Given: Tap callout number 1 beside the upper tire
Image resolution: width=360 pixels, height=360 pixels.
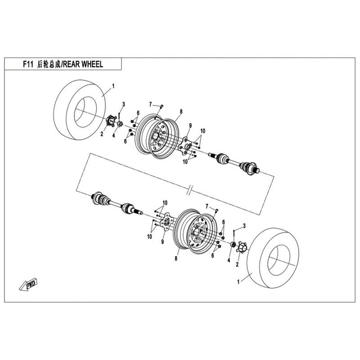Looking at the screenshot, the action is point(113,86).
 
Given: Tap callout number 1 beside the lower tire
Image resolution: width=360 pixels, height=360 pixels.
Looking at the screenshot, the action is point(238,282).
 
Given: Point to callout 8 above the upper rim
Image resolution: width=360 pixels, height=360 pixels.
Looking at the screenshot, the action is point(181,112).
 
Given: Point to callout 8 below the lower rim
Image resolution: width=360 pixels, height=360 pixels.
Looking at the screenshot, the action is point(176,258).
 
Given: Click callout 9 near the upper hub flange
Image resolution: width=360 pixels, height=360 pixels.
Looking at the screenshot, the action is point(190,126).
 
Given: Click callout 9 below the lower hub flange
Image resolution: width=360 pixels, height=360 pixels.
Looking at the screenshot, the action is point(162,242).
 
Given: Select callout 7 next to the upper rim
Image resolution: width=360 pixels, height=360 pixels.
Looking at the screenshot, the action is point(150,105).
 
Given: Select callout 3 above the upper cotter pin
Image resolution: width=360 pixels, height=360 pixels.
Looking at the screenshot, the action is point(123,104).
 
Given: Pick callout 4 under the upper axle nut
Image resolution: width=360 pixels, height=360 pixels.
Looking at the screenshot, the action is point(114,135).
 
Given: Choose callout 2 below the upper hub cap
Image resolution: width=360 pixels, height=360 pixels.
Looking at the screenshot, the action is point(102,134).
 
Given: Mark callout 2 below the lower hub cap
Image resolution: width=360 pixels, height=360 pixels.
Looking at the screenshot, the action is point(237,264).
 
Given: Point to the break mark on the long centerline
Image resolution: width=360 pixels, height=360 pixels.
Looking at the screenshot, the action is point(190,190).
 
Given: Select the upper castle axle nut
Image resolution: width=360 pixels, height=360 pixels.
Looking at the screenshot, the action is point(120,124).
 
